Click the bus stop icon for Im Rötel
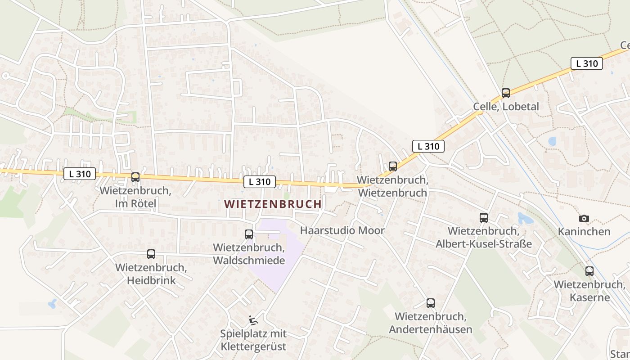click(x=135, y=177)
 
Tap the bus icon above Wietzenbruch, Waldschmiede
click(x=249, y=234)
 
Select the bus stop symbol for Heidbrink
click(x=151, y=254)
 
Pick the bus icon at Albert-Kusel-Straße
click(x=484, y=218)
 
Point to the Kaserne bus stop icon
click(x=589, y=271)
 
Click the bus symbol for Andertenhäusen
click(x=431, y=303)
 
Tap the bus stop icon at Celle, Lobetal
click(x=506, y=93)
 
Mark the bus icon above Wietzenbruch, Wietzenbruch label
click(x=393, y=166)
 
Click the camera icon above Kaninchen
click(x=584, y=218)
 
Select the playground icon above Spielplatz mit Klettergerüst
click(x=253, y=320)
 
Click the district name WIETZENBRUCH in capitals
click(x=273, y=204)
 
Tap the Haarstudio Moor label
click(x=342, y=231)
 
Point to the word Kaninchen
click(x=584, y=232)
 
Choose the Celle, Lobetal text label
click(x=506, y=107)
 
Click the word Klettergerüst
click(x=253, y=347)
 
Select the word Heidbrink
click(x=151, y=281)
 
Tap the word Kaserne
click(x=589, y=297)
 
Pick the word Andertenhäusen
click(x=431, y=329)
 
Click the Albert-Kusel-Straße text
click(x=484, y=244)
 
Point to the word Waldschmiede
click(x=249, y=261)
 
